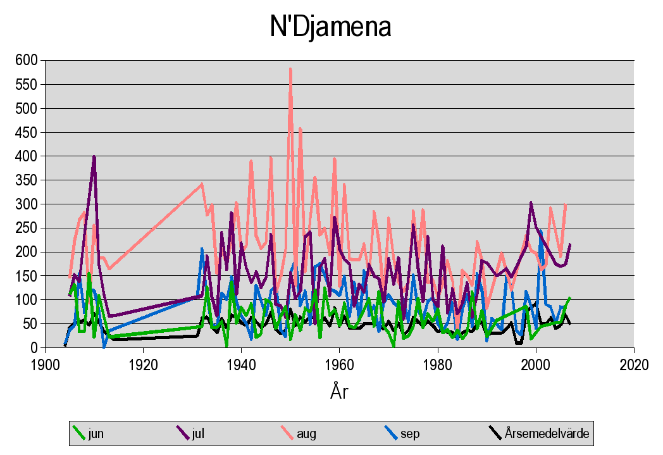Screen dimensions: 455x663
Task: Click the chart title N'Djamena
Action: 331,27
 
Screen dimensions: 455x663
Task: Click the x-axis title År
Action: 338,392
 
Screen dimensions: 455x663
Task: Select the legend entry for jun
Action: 96,433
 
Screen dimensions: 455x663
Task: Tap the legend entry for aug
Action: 306,433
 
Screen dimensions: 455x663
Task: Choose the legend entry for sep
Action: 409,433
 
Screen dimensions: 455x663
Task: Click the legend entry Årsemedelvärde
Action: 547,433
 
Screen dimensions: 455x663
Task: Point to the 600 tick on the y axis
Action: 27,60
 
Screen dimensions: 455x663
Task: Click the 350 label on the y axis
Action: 27,180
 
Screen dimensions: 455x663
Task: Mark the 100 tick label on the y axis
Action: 27,300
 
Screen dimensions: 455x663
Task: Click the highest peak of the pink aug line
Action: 290,68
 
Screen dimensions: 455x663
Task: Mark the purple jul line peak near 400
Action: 94,156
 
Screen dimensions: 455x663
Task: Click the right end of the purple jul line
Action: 570,244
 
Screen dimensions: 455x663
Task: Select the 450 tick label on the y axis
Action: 27,132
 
